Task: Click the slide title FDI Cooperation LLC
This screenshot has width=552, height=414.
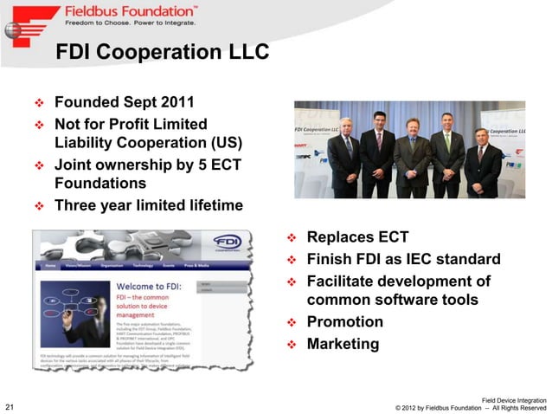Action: [x=162, y=54]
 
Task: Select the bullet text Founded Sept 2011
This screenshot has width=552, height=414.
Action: [x=125, y=101]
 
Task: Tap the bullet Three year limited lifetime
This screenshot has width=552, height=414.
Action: [x=148, y=205]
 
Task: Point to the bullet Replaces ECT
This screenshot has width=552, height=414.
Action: [x=357, y=237]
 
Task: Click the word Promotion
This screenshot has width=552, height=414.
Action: [x=344, y=322]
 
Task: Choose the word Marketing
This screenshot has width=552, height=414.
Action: [x=343, y=344]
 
